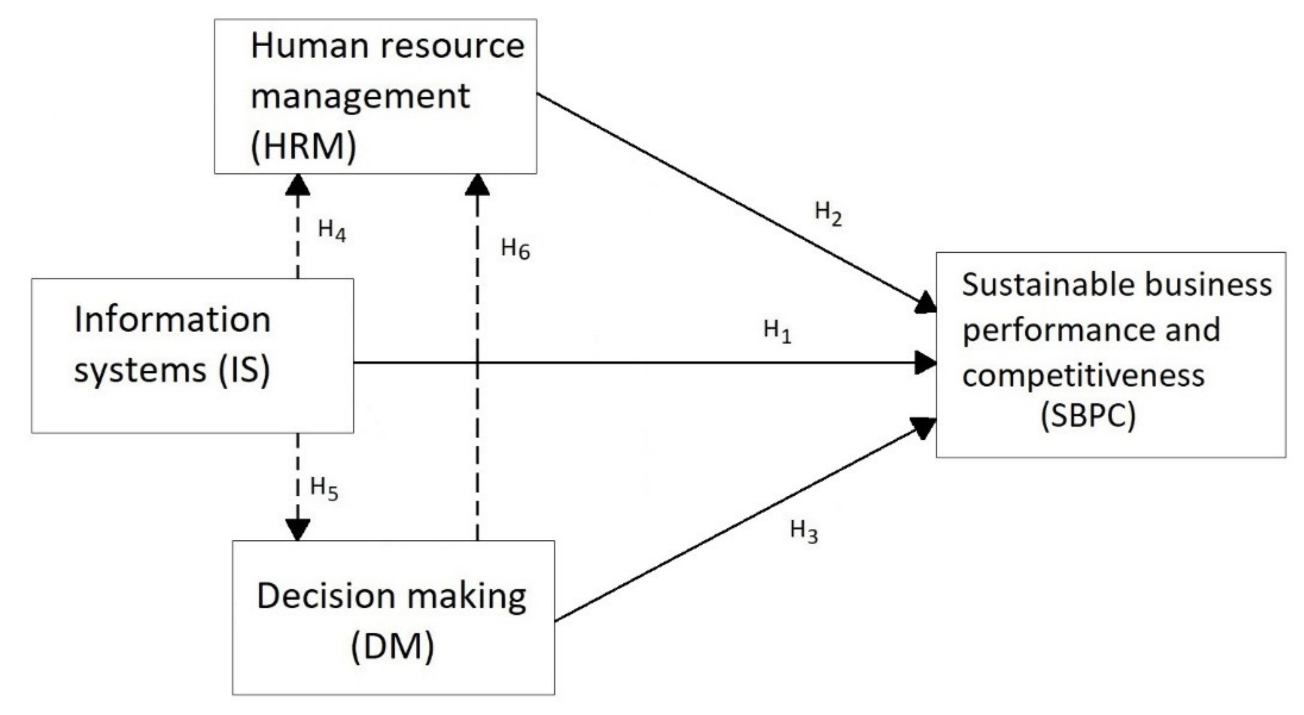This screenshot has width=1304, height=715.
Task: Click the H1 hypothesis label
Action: pyautogui.click(x=777, y=332)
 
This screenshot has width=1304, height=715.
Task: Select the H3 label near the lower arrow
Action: pyautogui.click(x=803, y=532)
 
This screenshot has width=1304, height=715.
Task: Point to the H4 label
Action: pyautogui.click(x=332, y=231)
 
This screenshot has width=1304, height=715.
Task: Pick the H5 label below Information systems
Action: pyautogui.click(x=323, y=488)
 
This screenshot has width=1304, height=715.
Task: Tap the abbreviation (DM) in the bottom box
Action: pyautogui.click(x=392, y=647)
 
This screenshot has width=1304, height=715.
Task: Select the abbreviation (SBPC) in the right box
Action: pyautogui.click(x=1088, y=416)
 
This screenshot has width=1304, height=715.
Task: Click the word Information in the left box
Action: pyautogui.click(x=172, y=320)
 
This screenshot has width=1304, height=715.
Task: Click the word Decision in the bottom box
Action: pyautogui.click(x=326, y=596)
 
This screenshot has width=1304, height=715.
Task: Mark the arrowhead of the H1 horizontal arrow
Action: pyautogui.click(x=927, y=363)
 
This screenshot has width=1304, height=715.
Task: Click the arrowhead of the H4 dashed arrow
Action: pyautogui.click(x=298, y=184)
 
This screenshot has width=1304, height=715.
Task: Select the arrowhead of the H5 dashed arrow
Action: pyautogui.click(x=298, y=530)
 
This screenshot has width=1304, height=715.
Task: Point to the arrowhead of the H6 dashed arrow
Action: pyautogui.click(x=477, y=184)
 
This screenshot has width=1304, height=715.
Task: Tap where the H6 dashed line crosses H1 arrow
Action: pyautogui.click(x=477, y=363)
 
